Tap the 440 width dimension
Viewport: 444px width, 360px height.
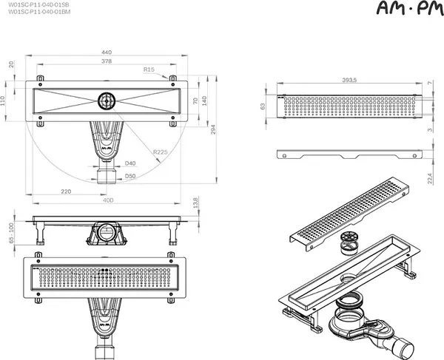(x=107, y=53)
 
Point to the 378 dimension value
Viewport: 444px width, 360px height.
(x=107, y=63)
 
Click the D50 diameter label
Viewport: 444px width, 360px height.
(x=130, y=177)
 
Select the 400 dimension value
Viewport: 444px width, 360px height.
(x=107, y=200)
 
